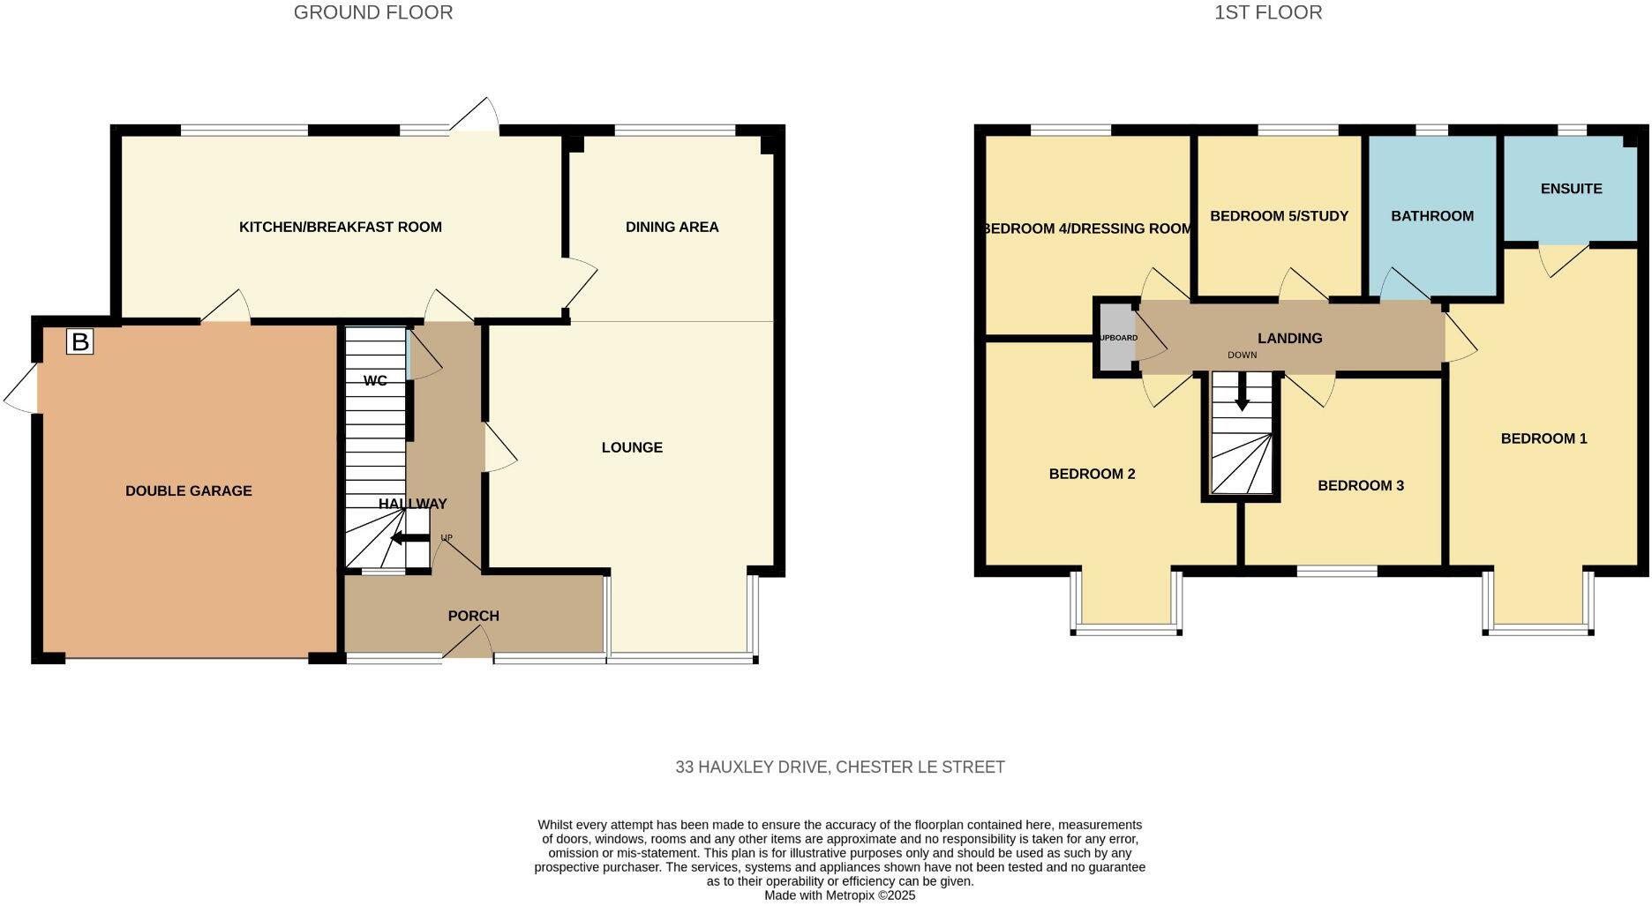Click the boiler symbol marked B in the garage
(79, 341)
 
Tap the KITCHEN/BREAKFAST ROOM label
(340, 227)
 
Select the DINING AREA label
(672, 227)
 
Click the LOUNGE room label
(632, 447)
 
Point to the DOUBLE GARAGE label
(188, 490)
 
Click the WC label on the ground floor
(375, 381)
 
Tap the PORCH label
(473, 616)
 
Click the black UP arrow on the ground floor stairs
(409, 538)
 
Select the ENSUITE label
(1571, 189)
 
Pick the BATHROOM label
(1431, 216)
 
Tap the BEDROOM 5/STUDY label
(1279, 216)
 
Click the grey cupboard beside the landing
(1116, 338)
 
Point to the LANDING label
(1289, 338)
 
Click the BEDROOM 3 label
(1360, 485)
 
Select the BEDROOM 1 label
(1543, 438)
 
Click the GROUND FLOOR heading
(372, 12)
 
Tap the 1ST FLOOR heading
(1267, 12)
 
